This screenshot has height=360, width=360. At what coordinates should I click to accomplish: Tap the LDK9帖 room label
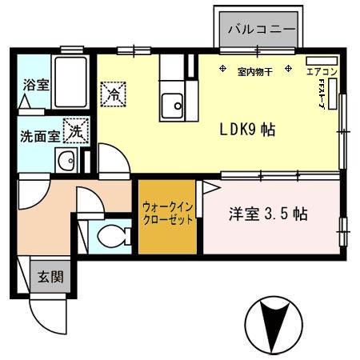tap(248, 130)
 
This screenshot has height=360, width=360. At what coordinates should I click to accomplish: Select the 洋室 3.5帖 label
tap(268, 214)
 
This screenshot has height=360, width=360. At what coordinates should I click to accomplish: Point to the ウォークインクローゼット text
tap(167, 214)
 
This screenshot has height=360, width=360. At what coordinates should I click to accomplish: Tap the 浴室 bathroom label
tap(34, 83)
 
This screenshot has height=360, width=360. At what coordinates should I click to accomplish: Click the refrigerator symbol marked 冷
tap(114, 94)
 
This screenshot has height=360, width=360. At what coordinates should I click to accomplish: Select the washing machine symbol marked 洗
tap(74, 128)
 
